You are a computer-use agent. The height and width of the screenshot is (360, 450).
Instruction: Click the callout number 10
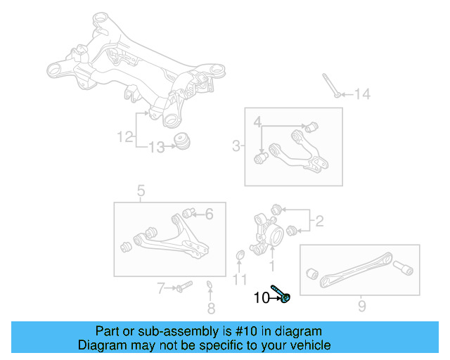pos(260,298)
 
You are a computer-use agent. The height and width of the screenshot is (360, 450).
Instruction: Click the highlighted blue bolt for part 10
pos(282,295)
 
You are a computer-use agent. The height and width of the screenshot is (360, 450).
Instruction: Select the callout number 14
pos(361,94)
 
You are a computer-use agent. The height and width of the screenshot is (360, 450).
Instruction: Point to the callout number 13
pos(157,147)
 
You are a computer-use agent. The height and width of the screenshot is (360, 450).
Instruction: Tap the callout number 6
pos(209,214)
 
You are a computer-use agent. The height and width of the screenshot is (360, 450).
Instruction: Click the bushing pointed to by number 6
pos(188,213)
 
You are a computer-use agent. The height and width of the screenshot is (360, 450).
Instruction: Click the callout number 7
pos(160,287)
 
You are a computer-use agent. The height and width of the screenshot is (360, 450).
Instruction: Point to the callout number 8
pos(211,308)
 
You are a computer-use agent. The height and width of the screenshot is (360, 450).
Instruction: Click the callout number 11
pos(240,280)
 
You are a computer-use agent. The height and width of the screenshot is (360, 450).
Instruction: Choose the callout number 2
pos(319,222)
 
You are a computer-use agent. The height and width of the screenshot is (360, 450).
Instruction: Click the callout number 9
pos(361,307)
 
